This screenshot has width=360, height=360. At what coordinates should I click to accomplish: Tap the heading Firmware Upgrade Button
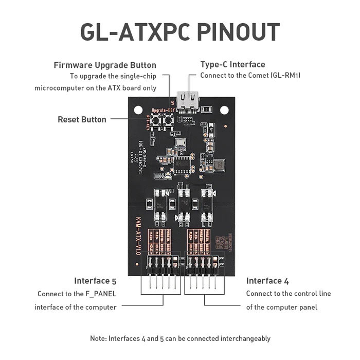tap(105, 65)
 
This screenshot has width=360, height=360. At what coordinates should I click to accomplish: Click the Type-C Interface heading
tap(232, 64)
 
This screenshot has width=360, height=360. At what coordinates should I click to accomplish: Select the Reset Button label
tap(82, 119)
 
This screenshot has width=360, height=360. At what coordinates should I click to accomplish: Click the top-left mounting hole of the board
tap(137, 109)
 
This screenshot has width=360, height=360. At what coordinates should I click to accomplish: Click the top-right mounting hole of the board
tap(224, 109)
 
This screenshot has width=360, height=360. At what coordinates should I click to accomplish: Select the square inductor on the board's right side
tap(220, 165)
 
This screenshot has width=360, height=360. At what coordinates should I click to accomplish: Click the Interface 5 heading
tap(95, 281)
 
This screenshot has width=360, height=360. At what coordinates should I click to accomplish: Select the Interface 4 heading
tap(264, 281)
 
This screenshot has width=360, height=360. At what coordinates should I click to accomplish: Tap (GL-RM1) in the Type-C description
tap(285, 76)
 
